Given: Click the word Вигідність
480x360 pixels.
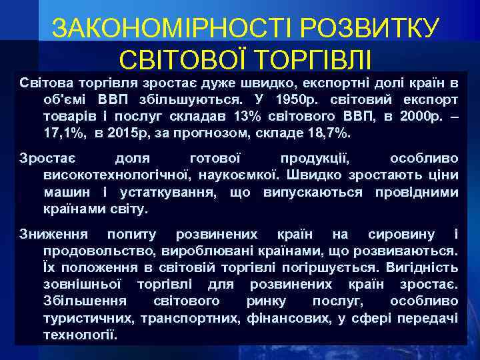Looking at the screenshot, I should click(x=424, y=268).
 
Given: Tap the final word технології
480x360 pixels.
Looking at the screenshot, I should click(x=80, y=335).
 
